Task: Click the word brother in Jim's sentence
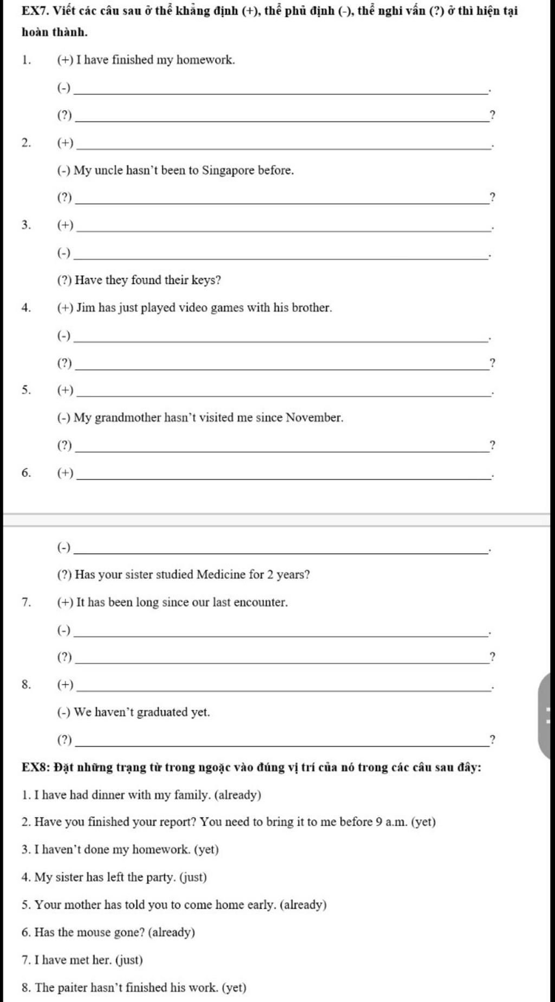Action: pyautogui.click(x=311, y=308)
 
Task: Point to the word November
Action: pyautogui.click(x=314, y=418)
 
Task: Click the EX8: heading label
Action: pyautogui.click(x=36, y=767)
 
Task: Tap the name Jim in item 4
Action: pyautogui.click(x=86, y=308)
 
